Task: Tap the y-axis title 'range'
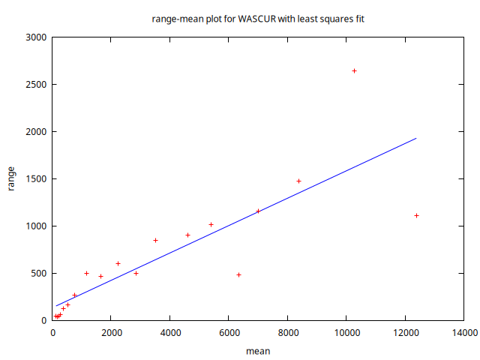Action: point(11,178)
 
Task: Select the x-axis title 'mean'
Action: point(258,350)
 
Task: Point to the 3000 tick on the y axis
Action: point(36,37)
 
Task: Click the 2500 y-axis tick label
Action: point(36,84)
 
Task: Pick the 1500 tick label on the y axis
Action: point(36,178)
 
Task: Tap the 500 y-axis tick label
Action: point(38,273)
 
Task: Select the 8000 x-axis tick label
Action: point(288,332)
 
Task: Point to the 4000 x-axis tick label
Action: point(170,332)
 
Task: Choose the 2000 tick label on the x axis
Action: point(111,332)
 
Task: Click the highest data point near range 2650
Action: point(355,70)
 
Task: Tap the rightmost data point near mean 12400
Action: point(416,215)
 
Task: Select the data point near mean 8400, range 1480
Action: point(298,181)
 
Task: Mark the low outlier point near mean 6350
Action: point(238,274)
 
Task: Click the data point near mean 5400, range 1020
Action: point(211,224)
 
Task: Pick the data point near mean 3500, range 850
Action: point(155,240)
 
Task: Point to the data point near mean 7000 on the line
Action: point(258,211)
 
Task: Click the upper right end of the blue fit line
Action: point(415,138)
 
